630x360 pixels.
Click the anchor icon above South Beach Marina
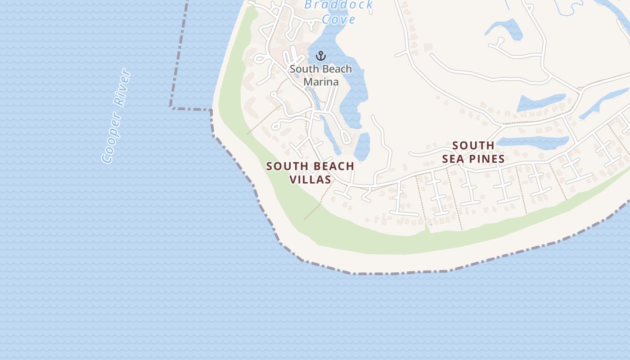(x=320, y=56)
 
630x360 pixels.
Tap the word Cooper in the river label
(x=112, y=138)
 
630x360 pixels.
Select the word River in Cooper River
(x=122, y=87)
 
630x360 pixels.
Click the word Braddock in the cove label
(x=338, y=5)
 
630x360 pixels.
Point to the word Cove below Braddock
(x=338, y=19)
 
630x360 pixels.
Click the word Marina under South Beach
(x=320, y=81)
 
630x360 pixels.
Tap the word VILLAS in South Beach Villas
(x=310, y=179)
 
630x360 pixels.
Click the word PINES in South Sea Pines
(x=486, y=158)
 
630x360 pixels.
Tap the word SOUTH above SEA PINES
(x=473, y=145)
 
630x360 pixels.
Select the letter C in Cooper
(x=107, y=157)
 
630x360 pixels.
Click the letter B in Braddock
(x=309, y=5)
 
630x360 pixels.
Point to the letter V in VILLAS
(x=292, y=179)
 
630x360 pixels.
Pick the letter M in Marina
(x=308, y=81)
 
